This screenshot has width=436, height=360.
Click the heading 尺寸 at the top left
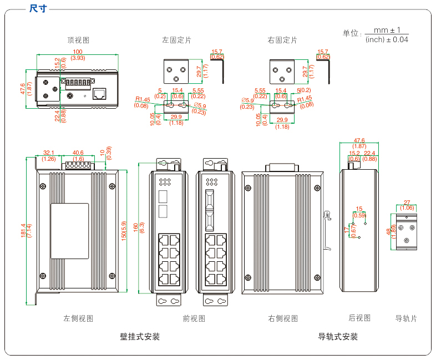[x=38, y=8]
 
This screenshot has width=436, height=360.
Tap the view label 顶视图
[x=78, y=40]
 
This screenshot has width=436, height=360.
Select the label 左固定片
[x=176, y=40]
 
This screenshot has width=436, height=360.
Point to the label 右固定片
[x=282, y=40]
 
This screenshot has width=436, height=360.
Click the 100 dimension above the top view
[x=78, y=52]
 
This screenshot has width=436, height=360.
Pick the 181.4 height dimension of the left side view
[x=23, y=230]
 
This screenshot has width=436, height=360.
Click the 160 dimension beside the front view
[x=136, y=227]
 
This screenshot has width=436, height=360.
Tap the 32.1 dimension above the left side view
[x=49, y=153]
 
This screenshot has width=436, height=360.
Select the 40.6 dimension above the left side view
[x=78, y=153]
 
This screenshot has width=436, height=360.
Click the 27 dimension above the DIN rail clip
[x=407, y=202]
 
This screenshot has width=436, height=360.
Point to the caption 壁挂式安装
[x=140, y=337]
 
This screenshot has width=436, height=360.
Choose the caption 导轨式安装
[x=338, y=337]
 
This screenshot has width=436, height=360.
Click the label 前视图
[x=194, y=318]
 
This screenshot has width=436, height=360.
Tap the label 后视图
[x=359, y=318]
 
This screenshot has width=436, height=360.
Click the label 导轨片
[x=406, y=318]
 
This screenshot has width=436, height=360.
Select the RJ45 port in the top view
[x=99, y=94]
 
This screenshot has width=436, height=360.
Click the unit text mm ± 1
[x=387, y=30]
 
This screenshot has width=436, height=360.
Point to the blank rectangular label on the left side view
[x=69, y=231]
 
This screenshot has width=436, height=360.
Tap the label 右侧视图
[x=283, y=318]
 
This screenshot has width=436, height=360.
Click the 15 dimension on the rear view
[x=359, y=209]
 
